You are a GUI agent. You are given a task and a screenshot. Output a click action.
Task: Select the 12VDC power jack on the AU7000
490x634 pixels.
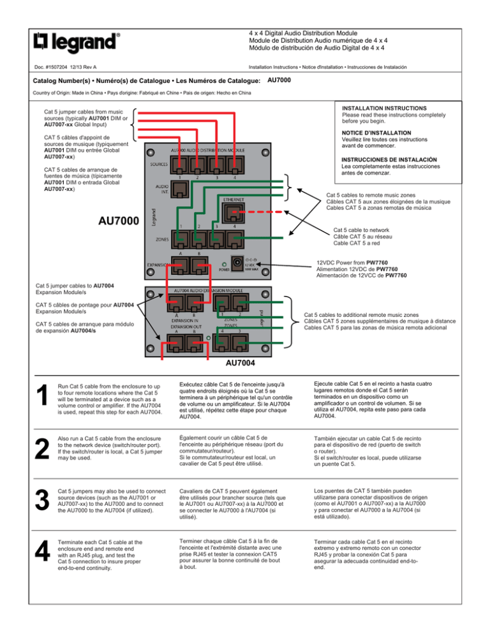[x=242, y=262]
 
